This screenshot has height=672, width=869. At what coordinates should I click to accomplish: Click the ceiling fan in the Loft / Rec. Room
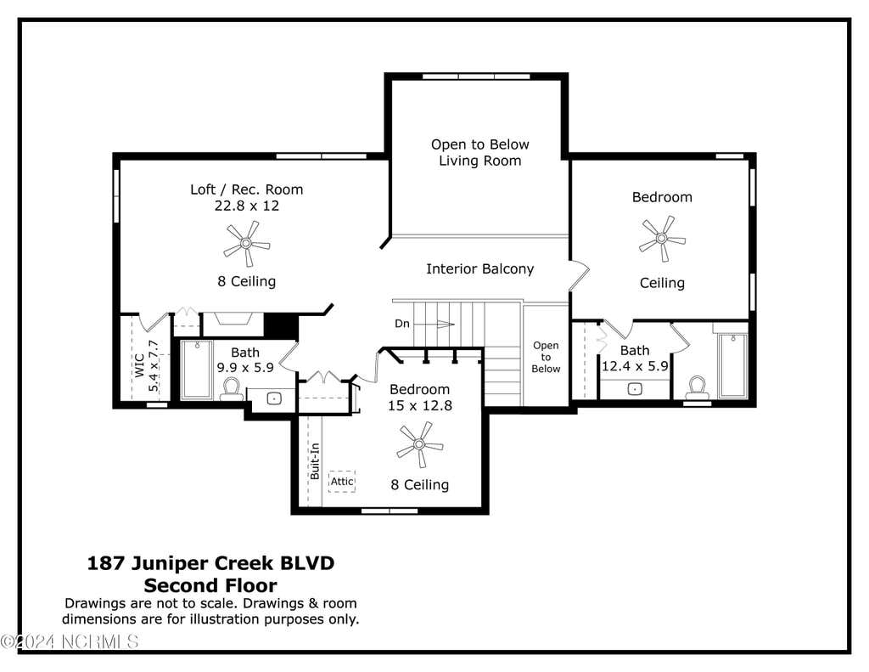(x=247, y=243)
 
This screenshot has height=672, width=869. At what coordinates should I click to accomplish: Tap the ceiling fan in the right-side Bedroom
(x=662, y=239)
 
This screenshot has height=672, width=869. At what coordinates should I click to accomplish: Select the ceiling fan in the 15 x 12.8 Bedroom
(x=419, y=444)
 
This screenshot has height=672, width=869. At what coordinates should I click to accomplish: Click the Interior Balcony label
(x=480, y=269)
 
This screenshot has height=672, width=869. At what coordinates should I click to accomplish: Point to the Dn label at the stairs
(x=401, y=324)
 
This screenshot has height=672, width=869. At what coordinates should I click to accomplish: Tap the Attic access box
(x=342, y=482)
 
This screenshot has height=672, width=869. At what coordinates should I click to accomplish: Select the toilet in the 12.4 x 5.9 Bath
(x=698, y=387)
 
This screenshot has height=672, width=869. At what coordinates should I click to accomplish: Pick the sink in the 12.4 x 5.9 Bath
(x=635, y=389)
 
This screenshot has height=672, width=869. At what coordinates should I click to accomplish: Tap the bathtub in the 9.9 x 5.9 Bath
(x=197, y=369)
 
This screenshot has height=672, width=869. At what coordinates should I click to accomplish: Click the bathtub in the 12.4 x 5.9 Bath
(x=732, y=365)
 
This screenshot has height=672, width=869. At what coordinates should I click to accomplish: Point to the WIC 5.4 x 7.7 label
(x=146, y=365)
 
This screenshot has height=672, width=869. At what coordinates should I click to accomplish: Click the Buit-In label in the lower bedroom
(x=315, y=461)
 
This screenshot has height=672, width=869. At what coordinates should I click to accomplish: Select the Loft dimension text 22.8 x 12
(x=247, y=206)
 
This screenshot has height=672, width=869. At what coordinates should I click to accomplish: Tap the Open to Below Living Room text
(x=480, y=153)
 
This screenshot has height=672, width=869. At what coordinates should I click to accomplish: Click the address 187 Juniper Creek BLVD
(x=210, y=563)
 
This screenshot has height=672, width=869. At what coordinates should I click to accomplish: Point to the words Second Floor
(x=210, y=585)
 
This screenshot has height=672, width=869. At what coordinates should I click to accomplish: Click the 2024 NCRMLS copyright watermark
(x=70, y=642)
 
